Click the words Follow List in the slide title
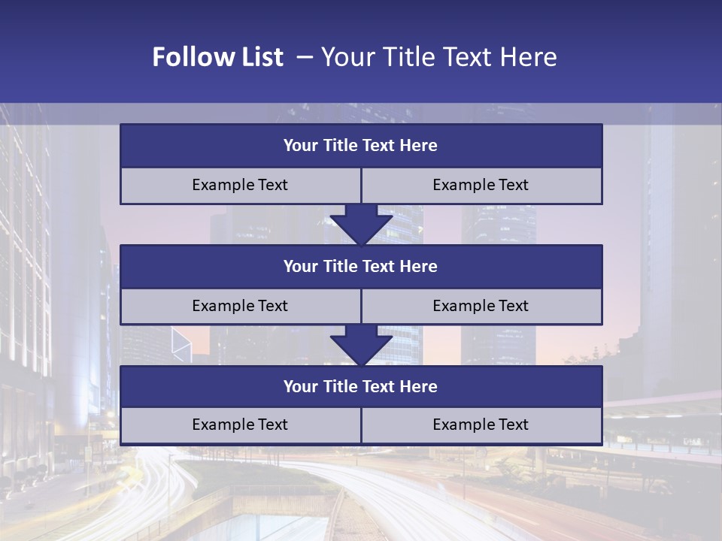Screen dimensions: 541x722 [x=217, y=57]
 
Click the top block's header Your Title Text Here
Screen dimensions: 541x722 [x=360, y=146]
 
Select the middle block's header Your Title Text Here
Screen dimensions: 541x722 [x=360, y=266]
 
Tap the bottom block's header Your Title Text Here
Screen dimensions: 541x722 [x=360, y=386]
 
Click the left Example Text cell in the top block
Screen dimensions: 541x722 [x=240, y=185]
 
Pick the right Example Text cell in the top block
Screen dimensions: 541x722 [x=481, y=185]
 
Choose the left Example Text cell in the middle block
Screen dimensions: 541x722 [x=240, y=306]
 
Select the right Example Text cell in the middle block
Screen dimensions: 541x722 [x=481, y=306]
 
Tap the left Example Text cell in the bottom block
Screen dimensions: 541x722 [x=240, y=425]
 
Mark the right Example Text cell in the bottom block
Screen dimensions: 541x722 [x=481, y=425]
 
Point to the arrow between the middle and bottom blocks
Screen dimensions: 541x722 [x=361, y=344]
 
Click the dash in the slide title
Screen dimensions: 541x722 [x=305, y=57]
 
